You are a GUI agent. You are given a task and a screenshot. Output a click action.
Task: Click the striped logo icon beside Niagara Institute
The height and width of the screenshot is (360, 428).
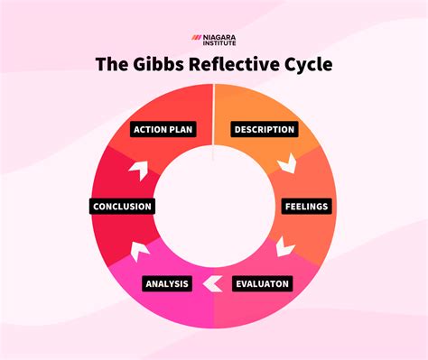coord(196,38)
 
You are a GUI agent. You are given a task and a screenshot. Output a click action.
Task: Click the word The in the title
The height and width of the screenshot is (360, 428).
coord(115,65)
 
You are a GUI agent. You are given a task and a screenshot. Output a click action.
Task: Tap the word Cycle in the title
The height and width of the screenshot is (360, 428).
coord(309,65)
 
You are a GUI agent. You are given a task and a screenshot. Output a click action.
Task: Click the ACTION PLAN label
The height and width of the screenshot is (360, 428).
coord(163,129)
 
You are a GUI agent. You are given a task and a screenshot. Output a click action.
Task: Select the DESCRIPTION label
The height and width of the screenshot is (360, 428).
coord(264,129)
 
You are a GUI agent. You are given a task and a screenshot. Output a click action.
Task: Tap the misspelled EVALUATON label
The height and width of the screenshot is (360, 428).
coord(263,283)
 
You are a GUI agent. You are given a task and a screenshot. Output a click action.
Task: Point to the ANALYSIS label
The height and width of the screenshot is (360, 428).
coord(166,283)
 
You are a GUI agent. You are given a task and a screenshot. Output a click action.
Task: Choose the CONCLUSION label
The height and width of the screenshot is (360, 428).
coord(122,206)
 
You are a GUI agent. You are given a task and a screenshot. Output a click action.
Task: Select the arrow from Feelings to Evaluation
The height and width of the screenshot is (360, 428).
coord(286,245)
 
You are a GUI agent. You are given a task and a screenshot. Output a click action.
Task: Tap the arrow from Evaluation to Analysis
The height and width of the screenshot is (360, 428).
coord(213,283)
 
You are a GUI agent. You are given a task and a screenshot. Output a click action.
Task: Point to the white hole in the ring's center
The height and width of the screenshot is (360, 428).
coord(213,206)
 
